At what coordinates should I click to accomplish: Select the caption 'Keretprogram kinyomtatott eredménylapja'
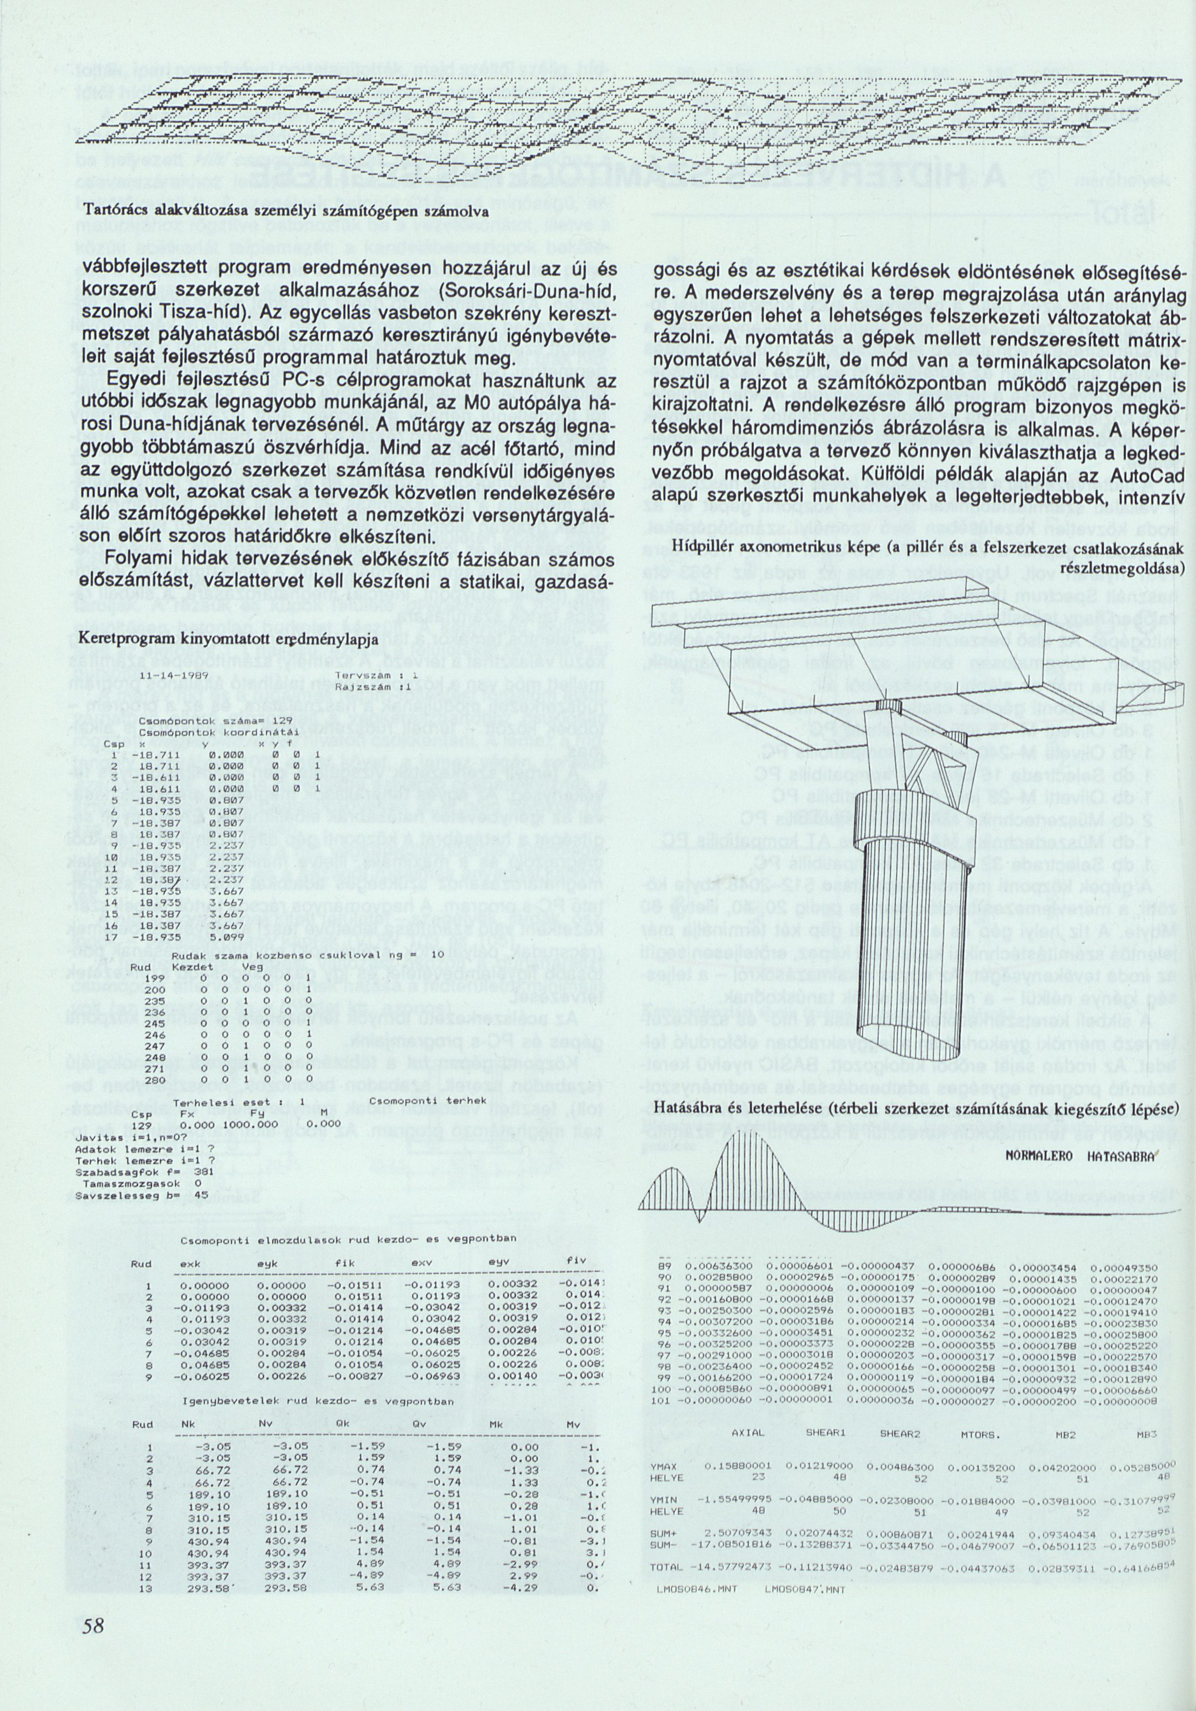point(229,640)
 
